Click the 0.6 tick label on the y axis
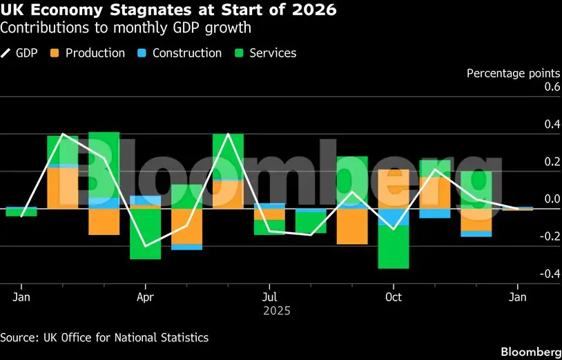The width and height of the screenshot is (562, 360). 551,87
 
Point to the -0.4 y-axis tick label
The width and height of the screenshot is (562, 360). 549,274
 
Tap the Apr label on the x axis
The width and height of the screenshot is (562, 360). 145,297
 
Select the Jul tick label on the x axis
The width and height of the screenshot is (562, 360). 269,297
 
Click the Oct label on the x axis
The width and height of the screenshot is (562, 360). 393,297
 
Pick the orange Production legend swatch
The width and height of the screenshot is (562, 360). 55,53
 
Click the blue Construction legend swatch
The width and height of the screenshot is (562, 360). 142,53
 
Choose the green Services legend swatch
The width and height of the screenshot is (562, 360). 239,53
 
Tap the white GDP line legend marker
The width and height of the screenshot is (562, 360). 6,53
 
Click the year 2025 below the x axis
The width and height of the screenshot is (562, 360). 277,311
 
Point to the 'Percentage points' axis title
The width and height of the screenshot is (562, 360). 513,73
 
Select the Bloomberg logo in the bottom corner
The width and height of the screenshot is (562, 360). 531,351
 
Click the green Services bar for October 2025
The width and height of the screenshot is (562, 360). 393,247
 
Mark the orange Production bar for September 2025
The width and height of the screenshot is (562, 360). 352,227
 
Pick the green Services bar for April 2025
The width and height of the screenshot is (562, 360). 145,234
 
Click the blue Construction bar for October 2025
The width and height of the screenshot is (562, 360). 393,217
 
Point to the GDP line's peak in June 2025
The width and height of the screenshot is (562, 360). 228,134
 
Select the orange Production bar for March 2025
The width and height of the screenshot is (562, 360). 104,222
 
